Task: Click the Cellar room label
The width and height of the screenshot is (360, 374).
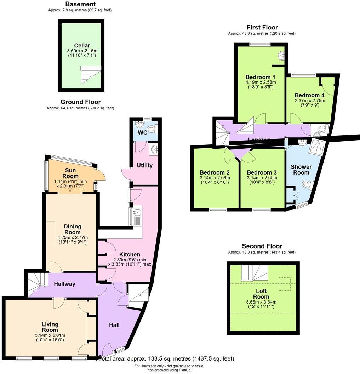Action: pyautogui.click(x=82, y=45)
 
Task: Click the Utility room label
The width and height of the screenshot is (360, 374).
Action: pyautogui.click(x=144, y=165)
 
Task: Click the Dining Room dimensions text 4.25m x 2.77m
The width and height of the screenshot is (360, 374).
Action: pyautogui.click(x=73, y=237)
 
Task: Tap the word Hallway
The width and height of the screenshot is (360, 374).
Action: pyautogui.click(x=64, y=284)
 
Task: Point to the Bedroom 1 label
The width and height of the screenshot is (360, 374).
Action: pyautogui.click(x=260, y=77)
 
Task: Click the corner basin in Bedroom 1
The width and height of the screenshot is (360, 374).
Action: pyautogui.click(x=282, y=55)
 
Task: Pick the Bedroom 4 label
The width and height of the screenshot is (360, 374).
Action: pyautogui.click(x=309, y=95)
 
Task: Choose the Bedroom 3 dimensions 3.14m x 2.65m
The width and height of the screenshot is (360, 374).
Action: pyautogui.click(x=262, y=178)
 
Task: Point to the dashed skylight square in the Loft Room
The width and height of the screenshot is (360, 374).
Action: pyautogui.click(x=284, y=283)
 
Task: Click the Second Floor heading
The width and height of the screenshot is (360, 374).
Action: pyautogui.click(x=262, y=246)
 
